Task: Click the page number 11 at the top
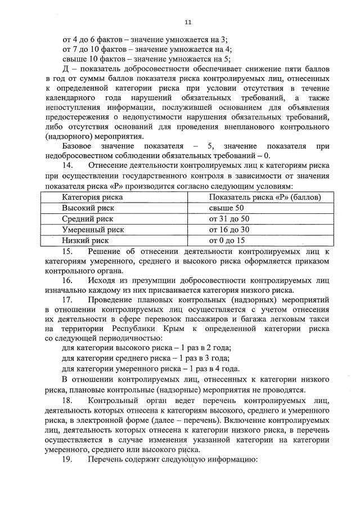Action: [188, 22]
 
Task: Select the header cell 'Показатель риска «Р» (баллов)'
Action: [265, 198]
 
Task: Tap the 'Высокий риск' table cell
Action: [88, 208]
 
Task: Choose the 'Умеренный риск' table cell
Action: [93, 230]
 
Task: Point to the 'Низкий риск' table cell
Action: [85, 240]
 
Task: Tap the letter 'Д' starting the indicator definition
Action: [65, 68]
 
